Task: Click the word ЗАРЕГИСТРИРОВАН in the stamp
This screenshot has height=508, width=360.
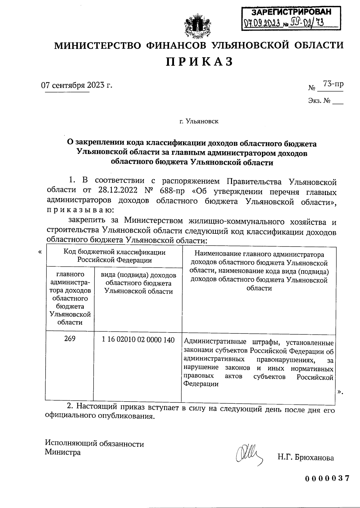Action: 291,12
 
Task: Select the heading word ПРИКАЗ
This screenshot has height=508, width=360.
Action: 199,62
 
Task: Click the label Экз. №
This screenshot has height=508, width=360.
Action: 319,101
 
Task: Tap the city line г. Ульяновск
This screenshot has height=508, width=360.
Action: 199,122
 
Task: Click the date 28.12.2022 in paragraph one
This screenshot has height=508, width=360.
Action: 118,191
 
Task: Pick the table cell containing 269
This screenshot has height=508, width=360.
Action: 70,339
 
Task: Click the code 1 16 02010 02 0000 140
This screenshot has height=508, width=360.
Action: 138,340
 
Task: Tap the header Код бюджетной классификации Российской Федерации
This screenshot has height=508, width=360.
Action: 114,256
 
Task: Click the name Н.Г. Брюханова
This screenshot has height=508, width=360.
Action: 305,458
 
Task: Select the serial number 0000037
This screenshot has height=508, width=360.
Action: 327,478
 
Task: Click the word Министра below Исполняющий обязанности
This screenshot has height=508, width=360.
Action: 63,452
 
